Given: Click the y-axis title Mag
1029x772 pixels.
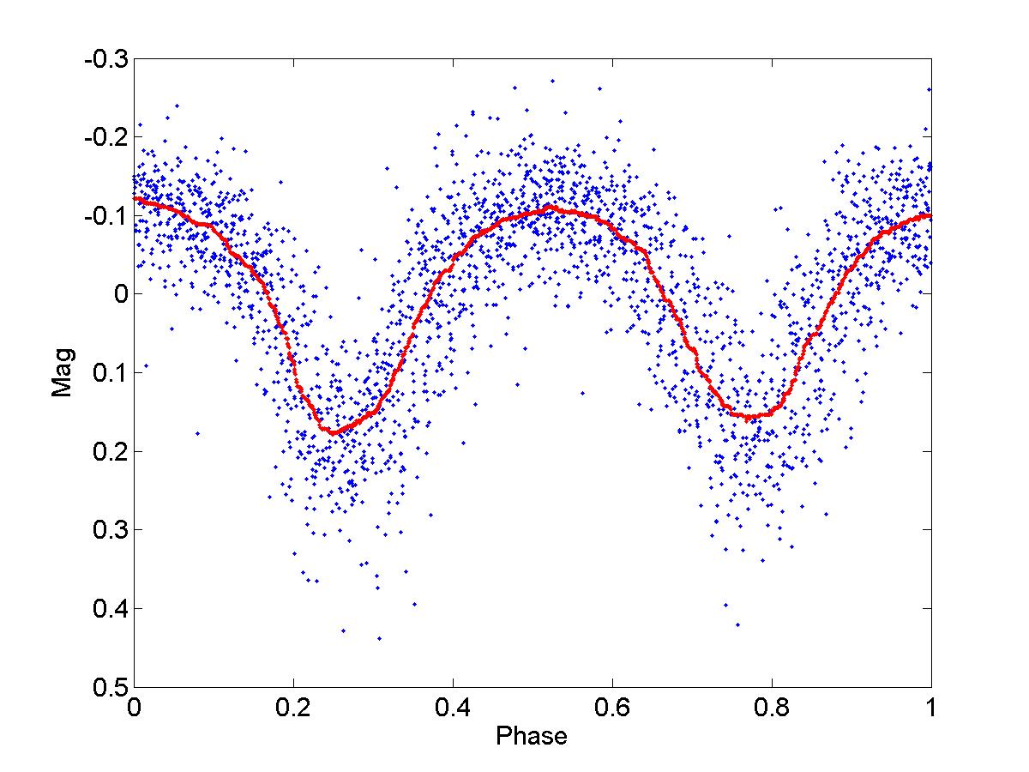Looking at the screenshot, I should coord(62,372).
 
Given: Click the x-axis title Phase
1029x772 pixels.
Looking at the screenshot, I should coord(532,736).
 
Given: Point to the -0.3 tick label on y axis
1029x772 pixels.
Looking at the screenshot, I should coord(105,60).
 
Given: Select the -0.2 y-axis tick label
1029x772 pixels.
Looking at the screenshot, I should coord(105,138).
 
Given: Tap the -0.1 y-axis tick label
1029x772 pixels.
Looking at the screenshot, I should coord(105,216).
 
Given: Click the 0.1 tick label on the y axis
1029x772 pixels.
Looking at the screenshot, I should coord(108,373).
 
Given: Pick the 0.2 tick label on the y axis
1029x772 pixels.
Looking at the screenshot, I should coord(108,452).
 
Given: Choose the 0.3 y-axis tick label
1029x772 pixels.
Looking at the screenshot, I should coord(108,530).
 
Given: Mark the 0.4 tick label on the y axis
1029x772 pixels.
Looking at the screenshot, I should coord(108,609).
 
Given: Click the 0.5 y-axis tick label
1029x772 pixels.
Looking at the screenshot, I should coord(108,687).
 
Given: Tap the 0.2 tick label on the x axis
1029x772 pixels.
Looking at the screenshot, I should coord(293,710).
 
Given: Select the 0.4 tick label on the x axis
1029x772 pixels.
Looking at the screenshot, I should coord(453,710).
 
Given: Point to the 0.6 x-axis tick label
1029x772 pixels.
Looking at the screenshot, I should coord(612,710).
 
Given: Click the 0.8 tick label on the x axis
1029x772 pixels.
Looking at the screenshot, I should coord(772,710).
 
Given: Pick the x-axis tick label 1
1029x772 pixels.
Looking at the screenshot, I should coord(931,710).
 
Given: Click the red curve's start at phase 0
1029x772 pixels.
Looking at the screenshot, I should coord(135,198).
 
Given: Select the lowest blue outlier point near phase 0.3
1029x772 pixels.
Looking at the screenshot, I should coord(379,638).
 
